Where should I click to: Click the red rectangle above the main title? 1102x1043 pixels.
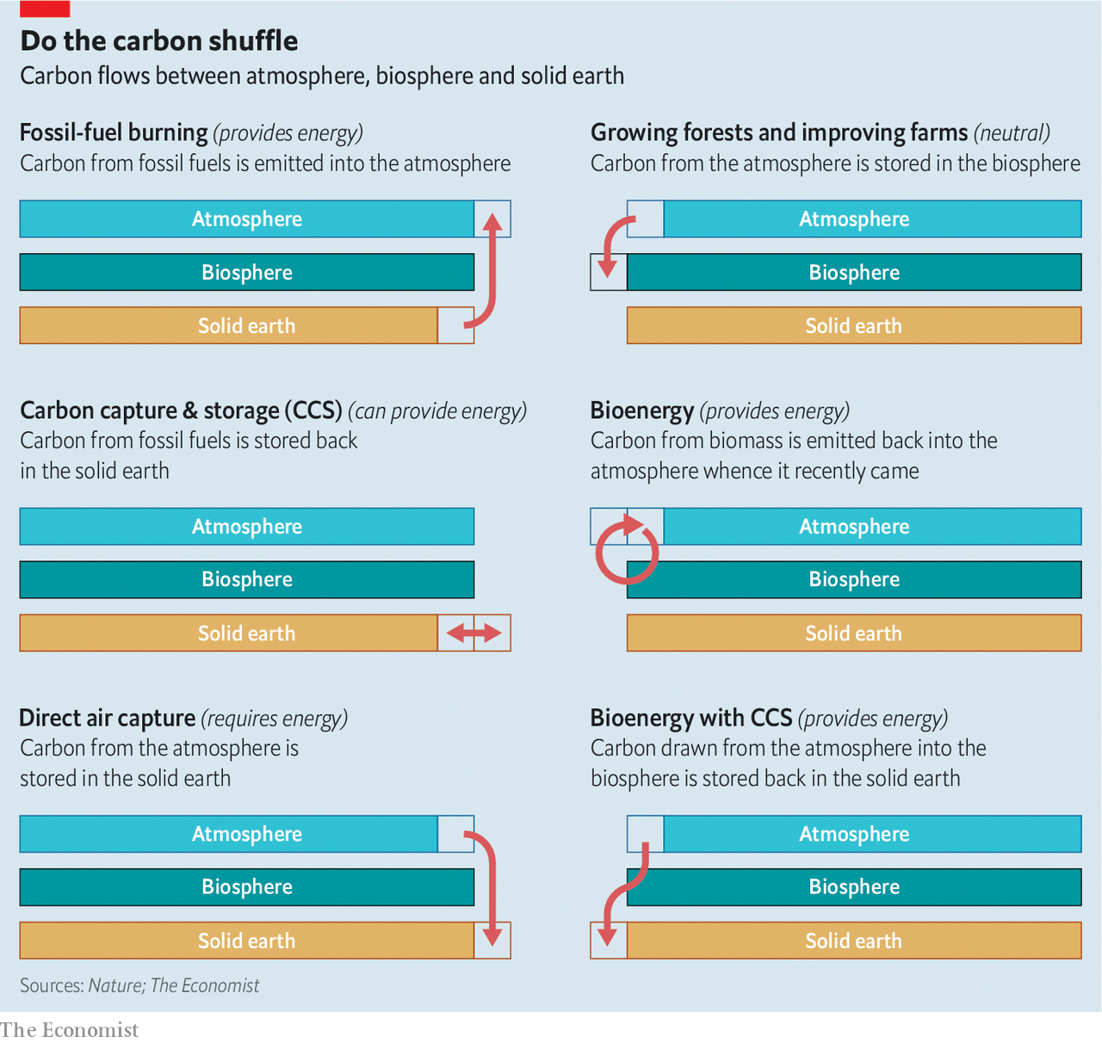click(45, 9)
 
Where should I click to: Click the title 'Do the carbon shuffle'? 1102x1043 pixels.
click(159, 40)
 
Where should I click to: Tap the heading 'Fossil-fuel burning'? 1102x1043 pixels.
click(114, 133)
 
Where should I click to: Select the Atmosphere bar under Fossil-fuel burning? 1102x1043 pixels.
click(247, 219)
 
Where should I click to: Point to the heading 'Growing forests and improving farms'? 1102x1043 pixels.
click(779, 133)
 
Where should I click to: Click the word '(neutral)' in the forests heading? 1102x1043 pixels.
click(1012, 133)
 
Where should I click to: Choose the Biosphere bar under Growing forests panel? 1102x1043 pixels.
click(854, 272)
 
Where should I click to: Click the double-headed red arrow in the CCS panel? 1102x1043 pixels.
click(474, 633)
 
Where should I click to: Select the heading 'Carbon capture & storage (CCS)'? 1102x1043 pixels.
click(181, 410)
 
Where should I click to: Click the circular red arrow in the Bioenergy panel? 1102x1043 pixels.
click(628, 551)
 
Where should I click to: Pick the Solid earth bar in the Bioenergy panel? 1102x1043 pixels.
click(854, 633)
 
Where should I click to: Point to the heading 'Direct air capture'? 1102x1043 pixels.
click(108, 718)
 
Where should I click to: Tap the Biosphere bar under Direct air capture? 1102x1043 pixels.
click(247, 887)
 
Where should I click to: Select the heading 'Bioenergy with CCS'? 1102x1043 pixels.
click(690, 718)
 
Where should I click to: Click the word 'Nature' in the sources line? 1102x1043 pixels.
click(115, 985)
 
